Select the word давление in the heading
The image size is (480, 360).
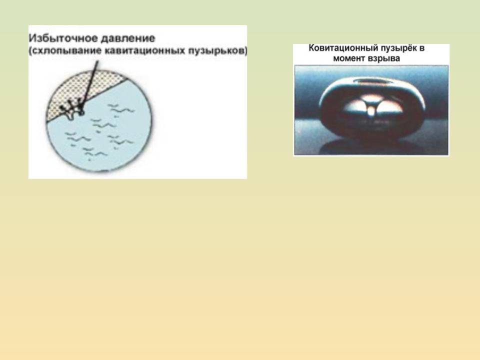tap(128, 38)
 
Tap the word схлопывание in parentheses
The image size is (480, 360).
tap(66, 51)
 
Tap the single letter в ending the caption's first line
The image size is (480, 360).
tap(422, 48)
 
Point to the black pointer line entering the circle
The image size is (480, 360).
tap(89, 84)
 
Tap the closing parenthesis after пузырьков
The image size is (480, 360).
tap(246, 51)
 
